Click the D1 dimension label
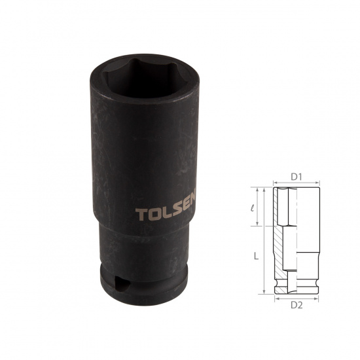(x=296, y=177)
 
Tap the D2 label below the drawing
(x=297, y=305)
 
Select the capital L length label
(x=256, y=256)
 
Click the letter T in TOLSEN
(x=141, y=215)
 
